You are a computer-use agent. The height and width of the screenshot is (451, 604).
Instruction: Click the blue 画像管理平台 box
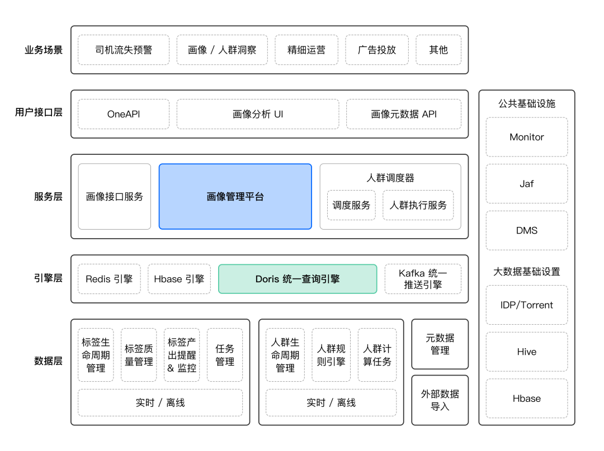(235, 196)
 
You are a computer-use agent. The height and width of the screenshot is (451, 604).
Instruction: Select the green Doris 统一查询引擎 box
(298, 279)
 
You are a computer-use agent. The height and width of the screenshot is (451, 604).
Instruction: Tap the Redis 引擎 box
(109, 279)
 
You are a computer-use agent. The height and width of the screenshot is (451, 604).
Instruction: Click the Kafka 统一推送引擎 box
(423, 279)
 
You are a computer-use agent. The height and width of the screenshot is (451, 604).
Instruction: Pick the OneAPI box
(124, 114)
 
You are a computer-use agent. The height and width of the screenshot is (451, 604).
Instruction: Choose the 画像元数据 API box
(404, 114)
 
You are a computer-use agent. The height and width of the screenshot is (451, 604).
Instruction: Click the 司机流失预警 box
(124, 50)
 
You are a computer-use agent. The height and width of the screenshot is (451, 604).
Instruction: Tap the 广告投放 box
(377, 50)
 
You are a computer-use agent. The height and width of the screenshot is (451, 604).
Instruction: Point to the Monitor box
(526, 137)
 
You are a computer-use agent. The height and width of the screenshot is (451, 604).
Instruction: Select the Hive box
(526, 352)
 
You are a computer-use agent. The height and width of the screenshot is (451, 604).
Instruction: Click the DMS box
(526, 230)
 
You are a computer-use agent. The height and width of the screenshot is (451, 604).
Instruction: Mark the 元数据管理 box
(440, 344)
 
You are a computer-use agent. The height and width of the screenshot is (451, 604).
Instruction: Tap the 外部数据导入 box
(440, 400)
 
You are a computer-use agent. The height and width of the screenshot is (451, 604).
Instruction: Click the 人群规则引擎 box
(331, 355)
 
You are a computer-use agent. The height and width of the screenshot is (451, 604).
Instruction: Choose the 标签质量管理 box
(139, 355)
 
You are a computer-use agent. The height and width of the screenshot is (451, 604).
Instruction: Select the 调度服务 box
(351, 205)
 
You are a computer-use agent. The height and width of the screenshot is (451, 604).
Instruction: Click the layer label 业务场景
(44, 50)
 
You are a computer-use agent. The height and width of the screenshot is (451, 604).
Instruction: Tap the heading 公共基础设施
(526, 103)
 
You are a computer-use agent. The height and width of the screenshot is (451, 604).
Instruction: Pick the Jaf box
(526, 183)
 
